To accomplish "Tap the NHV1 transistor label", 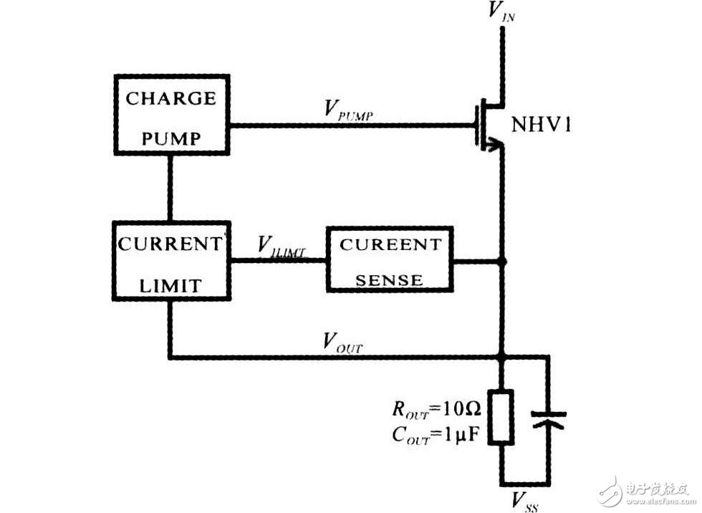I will (540, 127).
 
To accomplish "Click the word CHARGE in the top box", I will (170, 98).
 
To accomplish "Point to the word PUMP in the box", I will (170, 136).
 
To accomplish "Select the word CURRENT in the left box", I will (170, 244).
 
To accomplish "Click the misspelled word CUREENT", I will (390, 244).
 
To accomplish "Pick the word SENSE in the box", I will (390, 279).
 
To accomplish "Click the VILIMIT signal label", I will (282, 246).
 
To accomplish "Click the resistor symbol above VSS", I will (502, 416).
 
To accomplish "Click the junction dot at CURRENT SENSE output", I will (502, 262).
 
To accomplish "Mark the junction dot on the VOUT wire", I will (502, 356).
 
